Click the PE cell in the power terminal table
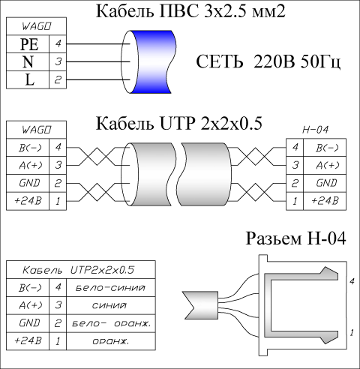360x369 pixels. pyautogui.click(x=28, y=44)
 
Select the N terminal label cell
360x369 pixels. pyautogui.click(x=28, y=61)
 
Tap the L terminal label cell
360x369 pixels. pyautogui.click(x=28, y=79)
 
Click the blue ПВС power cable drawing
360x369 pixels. pyautogui.click(x=149, y=62)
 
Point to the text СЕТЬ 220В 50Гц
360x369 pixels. pyautogui.click(x=268, y=61)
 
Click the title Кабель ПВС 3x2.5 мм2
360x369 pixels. pyautogui.click(x=190, y=11)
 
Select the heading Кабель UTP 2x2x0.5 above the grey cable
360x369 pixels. pyautogui.click(x=179, y=123)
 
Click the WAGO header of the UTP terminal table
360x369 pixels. pyautogui.click(x=37, y=130)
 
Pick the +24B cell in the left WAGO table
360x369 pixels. pyautogui.click(x=28, y=201)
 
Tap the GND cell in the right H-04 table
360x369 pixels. pyautogui.click(x=325, y=183)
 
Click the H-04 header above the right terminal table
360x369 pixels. pyautogui.click(x=316, y=130)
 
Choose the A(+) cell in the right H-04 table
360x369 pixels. pyautogui.click(x=325, y=165)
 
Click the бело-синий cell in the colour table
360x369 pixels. pyautogui.click(x=111, y=288)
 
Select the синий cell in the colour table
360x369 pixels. pyautogui.click(x=111, y=305)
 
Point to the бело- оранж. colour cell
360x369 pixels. pyautogui.click(x=111, y=323)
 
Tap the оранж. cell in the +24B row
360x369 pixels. pyautogui.click(x=111, y=341)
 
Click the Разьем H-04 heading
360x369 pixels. pyautogui.click(x=296, y=238)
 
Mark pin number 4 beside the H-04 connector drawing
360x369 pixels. pyautogui.click(x=352, y=281)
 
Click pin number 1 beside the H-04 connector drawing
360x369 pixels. pyautogui.click(x=352, y=333)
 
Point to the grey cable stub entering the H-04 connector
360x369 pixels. pyautogui.click(x=200, y=305)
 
